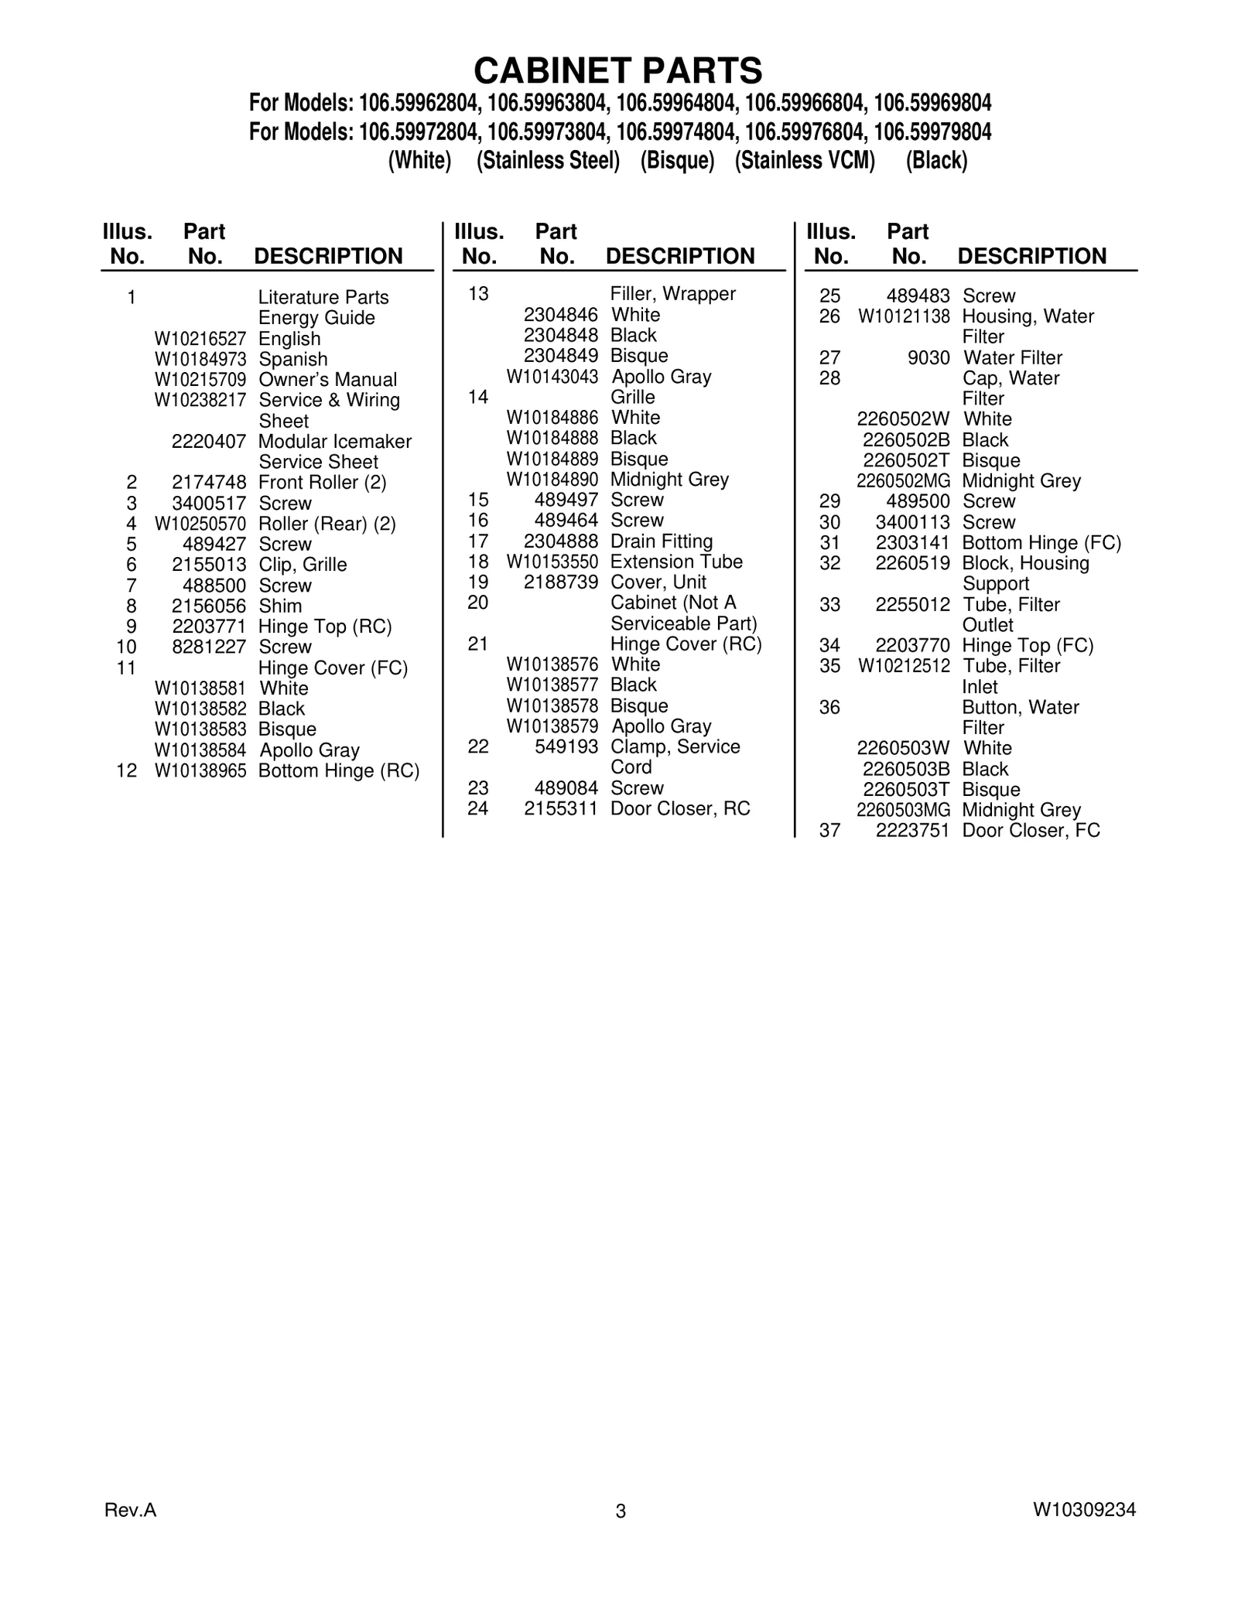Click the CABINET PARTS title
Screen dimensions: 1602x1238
pyautogui.click(x=618, y=70)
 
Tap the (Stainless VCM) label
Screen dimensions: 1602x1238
pyautogui.click(x=805, y=161)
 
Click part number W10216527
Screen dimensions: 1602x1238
pyautogui.click(x=200, y=339)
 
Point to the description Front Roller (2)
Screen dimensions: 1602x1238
pyautogui.click(x=322, y=483)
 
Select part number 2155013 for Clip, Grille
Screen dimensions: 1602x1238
pyautogui.click(x=209, y=565)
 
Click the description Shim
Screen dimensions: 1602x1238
pyautogui.click(x=280, y=606)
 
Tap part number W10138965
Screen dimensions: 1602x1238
pyautogui.click(x=200, y=770)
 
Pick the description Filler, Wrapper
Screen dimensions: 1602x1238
pyautogui.click(x=673, y=294)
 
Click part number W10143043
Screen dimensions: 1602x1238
pyautogui.click(x=552, y=377)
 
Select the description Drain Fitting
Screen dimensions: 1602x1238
pyautogui.click(x=662, y=541)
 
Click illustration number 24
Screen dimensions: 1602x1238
pyautogui.click(x=478, y=809)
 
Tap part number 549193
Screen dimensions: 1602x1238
pyautogui.click(x=566, y=747)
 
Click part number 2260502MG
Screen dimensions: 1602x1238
pyautogui.click(x=903, y=481)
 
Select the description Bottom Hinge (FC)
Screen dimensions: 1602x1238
pyautogui.click(x=1041, y=543)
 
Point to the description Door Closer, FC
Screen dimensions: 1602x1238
pyautogui.click(x=1031, y=831)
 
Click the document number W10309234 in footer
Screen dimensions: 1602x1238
pyautogui.click(x=1083, y=1509)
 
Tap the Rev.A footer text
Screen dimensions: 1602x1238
pyautogui.click(x=130, y=1509)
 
